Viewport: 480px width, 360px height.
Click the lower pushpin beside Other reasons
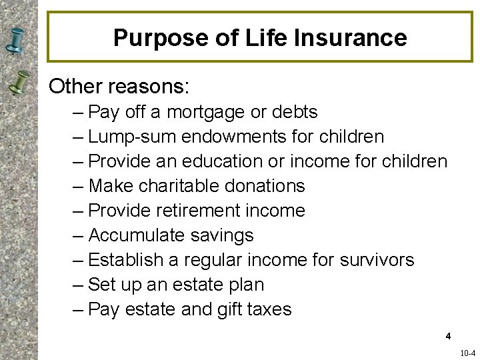[x=20, y=83]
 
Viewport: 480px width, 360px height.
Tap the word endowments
[x=234, y=137]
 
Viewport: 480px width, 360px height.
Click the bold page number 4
[x=449, y=336]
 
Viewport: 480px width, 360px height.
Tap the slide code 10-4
[x=467, y=353]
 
